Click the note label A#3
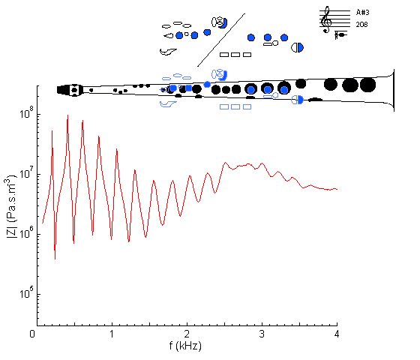tap(362, 12)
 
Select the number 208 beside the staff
tap(361, 24)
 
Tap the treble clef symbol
tap(326, 19)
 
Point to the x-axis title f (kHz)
tap(185, 346)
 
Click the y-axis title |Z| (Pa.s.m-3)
tap(11, 206)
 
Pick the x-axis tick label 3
tap(262, 334)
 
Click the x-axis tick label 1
tap(112, 334)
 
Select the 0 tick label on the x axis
tap(32, 334)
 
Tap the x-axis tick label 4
tap(337, 334)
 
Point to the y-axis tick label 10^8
tap(26, 112)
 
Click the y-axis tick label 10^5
tap(26, 292)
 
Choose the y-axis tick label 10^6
tap(26, 232)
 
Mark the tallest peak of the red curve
tap(67, 115)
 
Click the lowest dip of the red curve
tap(55, 259)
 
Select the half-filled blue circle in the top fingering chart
tap(297, 48)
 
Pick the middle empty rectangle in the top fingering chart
tap(235, 55)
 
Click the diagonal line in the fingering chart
tap(221, 40)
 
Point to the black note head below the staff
tap(342, 34)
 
